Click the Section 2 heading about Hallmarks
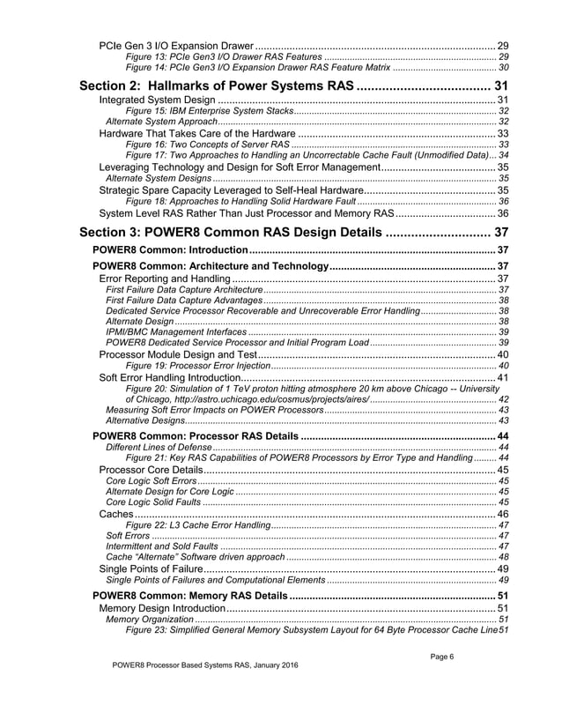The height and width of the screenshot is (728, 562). click(217, 86)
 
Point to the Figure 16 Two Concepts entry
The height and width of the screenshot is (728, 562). click(208, 144)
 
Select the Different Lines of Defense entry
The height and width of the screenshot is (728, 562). click(151, 448)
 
